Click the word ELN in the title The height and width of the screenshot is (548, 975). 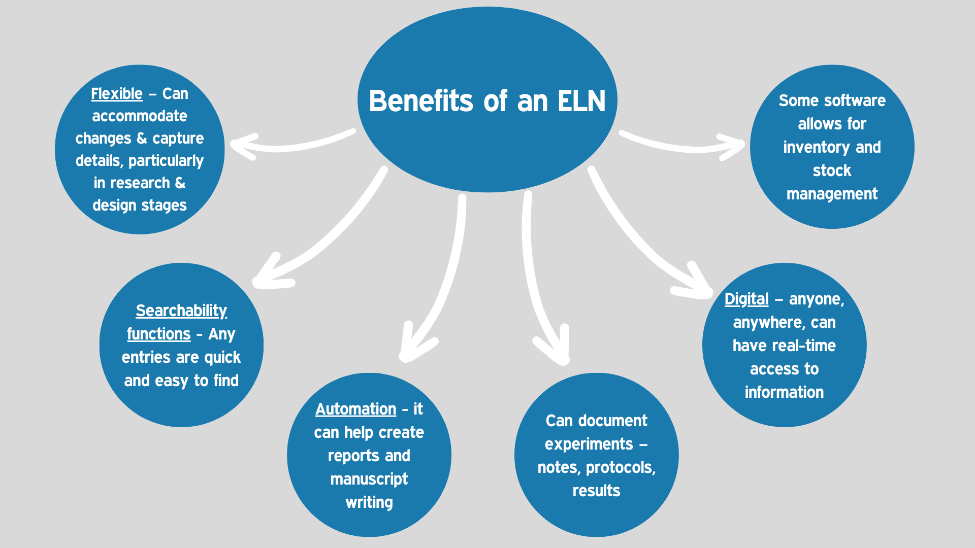[x=581, y=101]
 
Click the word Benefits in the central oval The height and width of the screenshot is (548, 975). [x=421, y=101]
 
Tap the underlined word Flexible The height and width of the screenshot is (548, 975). [x=116, y=94]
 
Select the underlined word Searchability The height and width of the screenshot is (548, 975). [x=181, y=311]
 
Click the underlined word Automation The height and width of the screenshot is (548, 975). [x=355, y=409]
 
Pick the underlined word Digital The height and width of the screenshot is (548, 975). [x=746, y=299]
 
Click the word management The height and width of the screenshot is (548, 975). [x=832, y=194]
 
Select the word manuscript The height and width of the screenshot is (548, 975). [x=369, y=479]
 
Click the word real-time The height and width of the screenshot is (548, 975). [x=809, y=346]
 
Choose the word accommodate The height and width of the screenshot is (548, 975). [x=140, y=116]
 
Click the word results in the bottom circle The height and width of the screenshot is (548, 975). [x=596, y=491]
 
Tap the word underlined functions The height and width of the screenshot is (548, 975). [x=158, y=334]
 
